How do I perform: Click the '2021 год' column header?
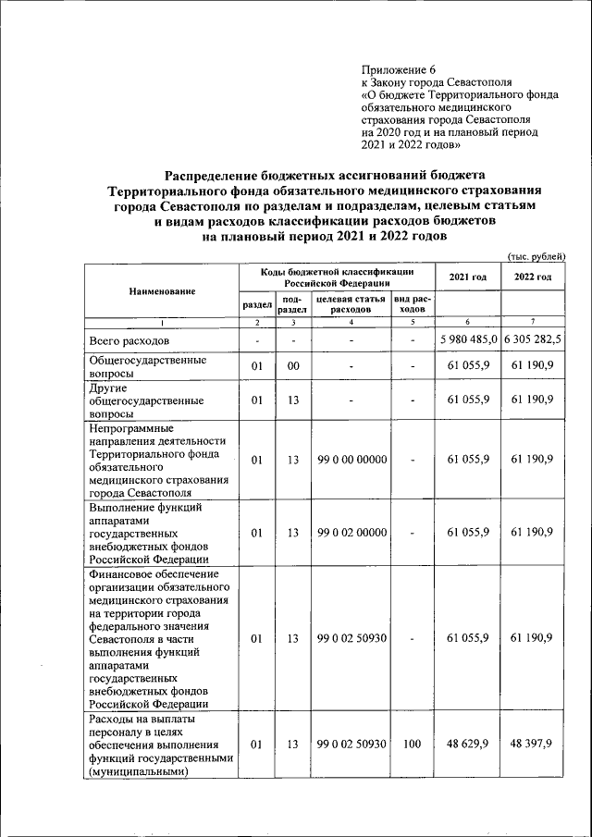pos(467,277)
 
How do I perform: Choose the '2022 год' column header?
pos(533,277)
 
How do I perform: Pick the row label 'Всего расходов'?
pos(129,341)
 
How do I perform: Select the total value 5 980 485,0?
pos(467,341)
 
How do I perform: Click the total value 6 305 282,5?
pos(533,341)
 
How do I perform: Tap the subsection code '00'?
pos(292,368)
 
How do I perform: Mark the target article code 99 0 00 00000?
pos(351,460)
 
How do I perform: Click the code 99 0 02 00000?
pos(351,533)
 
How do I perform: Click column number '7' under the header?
pos(533,322)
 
